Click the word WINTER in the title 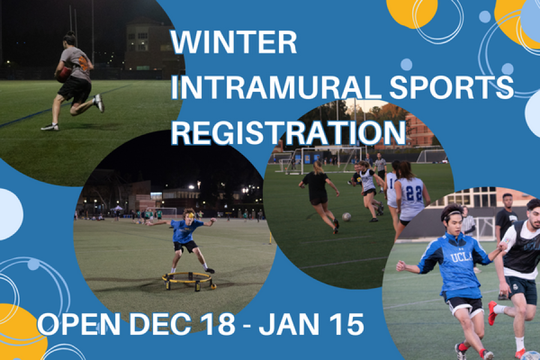(234, 43)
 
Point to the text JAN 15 (314, 324)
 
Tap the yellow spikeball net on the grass (188, 280)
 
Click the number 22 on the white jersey (413, 194)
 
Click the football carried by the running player (63, 75)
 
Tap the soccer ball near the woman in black (347, 216)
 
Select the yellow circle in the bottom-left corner (18, 333)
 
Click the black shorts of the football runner (75, 90)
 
